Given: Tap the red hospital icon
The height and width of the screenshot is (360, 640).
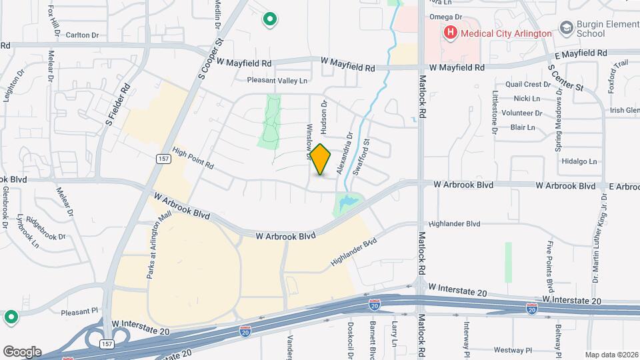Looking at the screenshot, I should click(450, 32).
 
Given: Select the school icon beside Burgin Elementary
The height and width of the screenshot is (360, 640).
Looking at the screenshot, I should click(567, 28).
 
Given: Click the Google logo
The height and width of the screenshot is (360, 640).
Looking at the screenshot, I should click(22, 352).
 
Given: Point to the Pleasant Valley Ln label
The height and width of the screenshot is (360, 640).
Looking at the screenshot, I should click(277, 81).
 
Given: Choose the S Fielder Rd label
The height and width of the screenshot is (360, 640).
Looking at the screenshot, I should click(116, 105).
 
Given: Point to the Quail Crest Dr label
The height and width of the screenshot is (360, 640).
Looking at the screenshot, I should click(523, 85).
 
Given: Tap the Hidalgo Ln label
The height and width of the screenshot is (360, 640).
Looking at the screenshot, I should click(579, 161).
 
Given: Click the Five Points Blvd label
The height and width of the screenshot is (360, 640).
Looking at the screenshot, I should click(550, 267).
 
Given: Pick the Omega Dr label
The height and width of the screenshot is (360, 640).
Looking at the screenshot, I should click(446, 17).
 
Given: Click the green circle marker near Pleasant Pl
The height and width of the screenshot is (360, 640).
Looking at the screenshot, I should click(11, 317).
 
